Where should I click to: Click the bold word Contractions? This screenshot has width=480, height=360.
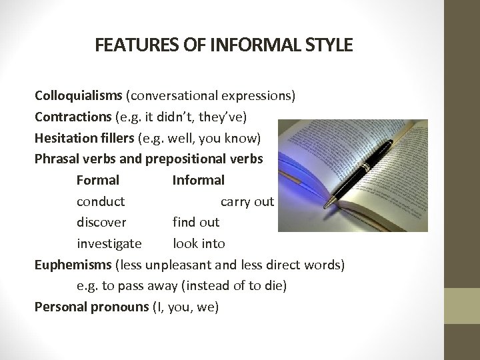73,117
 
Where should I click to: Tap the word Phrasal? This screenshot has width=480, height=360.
56,159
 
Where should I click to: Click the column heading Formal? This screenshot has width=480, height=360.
98,180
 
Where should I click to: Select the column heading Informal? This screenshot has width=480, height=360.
198,180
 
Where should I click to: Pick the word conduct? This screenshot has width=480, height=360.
101,201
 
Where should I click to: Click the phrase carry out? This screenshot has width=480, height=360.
247,201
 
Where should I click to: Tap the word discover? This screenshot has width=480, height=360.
101,222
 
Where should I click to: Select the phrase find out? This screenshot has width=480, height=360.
195,222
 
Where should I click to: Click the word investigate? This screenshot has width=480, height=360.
109,243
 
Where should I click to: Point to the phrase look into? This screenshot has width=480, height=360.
199,243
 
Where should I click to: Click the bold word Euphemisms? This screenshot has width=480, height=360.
73,265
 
